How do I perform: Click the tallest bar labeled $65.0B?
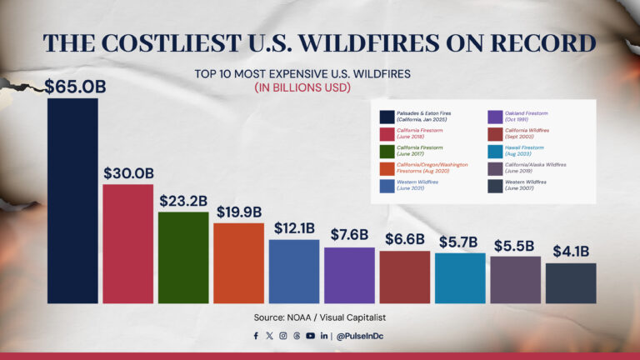pos(72,200)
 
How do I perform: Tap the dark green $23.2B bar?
pos(182,257)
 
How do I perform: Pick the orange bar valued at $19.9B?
pos(238,262)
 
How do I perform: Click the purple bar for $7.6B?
pos(349,275)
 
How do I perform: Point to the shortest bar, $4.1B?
pos(571,283)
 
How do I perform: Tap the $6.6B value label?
pos(404,239)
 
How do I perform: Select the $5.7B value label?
pos(459,242)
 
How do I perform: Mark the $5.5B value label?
pos(515,246)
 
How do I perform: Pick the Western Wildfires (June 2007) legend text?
pos(526,185)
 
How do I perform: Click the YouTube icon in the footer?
pos(310,336)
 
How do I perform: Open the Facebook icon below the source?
pos(256,336)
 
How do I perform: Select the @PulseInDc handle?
pos(361,336)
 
